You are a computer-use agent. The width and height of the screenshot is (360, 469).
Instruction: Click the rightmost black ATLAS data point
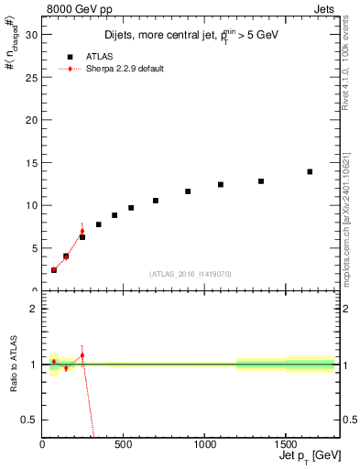(x=310, y=171)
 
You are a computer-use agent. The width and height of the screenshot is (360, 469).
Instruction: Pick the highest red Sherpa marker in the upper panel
(x=82, y=231)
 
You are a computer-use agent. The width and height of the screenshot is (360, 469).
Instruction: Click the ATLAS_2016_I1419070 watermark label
(x=191, y=273)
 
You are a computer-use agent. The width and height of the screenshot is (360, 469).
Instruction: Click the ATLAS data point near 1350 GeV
(x=261, y=181)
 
